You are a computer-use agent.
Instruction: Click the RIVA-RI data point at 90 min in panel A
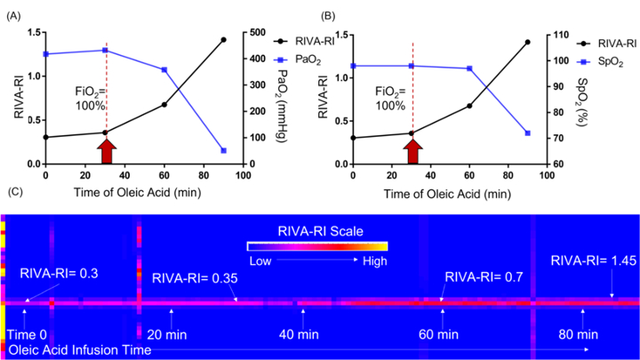pyautogui.click(x=223, y=40)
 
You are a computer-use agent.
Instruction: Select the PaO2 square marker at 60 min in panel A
pyautogui.click(x=164, y=70)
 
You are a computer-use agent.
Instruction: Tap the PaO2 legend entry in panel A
pyautogui.click(x=298, y=60)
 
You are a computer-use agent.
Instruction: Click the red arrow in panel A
pyautogui.click(x=107, y=151)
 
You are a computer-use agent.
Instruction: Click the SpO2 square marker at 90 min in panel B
pyautogui.click(x=527, y=133)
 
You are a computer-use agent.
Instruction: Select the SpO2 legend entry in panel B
pyautogui.click(x=600, y=62)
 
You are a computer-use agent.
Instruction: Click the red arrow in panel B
pyautogui.click(x=412, y=151)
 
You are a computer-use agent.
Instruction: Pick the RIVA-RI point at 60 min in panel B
pyautogui.click(x=469, y=106)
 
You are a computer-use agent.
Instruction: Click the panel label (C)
pyautogui.click(x=15, y=191)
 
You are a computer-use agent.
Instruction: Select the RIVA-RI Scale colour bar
pyautogui.click(x=317, y=246)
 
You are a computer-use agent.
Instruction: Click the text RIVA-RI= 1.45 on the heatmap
pyautogui.click(x=594, y=260)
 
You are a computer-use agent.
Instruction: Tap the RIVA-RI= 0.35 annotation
pyautogui.click(x=195, y=278)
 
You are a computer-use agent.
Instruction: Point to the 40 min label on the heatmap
pyautogui.click(x=299, y=335)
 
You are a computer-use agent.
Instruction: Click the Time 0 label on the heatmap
pyautogui.click(x=27, y=335)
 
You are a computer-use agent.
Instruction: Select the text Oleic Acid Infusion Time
pyautogui.click(x=80, y=350)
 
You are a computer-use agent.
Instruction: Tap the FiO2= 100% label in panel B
pyautogui.click(x=390, y=99)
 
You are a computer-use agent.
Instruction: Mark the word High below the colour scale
pyautogui.click(x=375, y=260)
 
